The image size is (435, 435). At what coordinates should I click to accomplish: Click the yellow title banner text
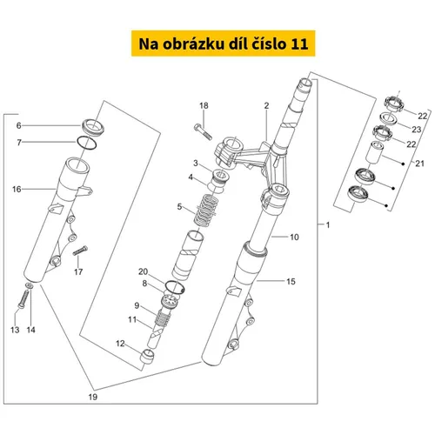pos(223,43)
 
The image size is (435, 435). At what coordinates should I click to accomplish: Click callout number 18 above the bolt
pos(204,105)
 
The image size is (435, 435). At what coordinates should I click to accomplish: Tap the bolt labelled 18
pos(203,131)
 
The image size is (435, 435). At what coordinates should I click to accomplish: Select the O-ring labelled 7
pos(87,143)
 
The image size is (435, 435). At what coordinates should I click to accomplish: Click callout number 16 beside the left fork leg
pos(17,190)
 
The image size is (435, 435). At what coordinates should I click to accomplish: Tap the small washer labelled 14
pos(30,285)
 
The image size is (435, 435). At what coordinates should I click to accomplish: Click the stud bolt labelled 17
pos(80,251)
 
